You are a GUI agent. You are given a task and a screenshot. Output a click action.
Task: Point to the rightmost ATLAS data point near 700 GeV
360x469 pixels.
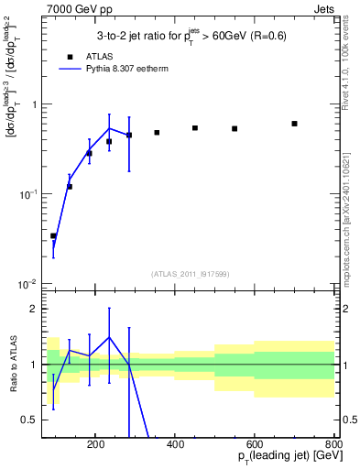pos(294,124)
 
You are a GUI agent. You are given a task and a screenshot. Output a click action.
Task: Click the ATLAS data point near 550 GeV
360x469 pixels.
pos(235,129)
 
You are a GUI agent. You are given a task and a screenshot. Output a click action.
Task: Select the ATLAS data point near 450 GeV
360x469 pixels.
pos(195,128)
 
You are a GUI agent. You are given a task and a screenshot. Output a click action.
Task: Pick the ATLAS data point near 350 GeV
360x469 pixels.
pos(157,133)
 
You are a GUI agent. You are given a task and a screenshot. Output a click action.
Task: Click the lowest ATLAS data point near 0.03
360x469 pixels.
pos(53,236)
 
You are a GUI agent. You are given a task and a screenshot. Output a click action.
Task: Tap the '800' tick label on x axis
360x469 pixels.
pos(334,444)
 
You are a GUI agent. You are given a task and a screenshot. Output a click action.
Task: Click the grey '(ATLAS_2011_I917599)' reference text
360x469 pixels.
pos(191,274)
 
